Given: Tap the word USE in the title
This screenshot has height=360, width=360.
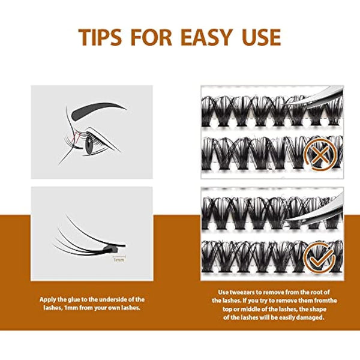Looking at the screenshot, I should [x=260, y=37].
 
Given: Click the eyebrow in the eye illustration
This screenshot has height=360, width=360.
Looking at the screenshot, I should [x=99, y=110].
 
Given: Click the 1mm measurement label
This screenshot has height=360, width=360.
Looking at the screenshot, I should [x=118, y=260].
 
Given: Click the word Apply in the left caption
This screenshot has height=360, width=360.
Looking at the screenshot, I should [x=49, y=299].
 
